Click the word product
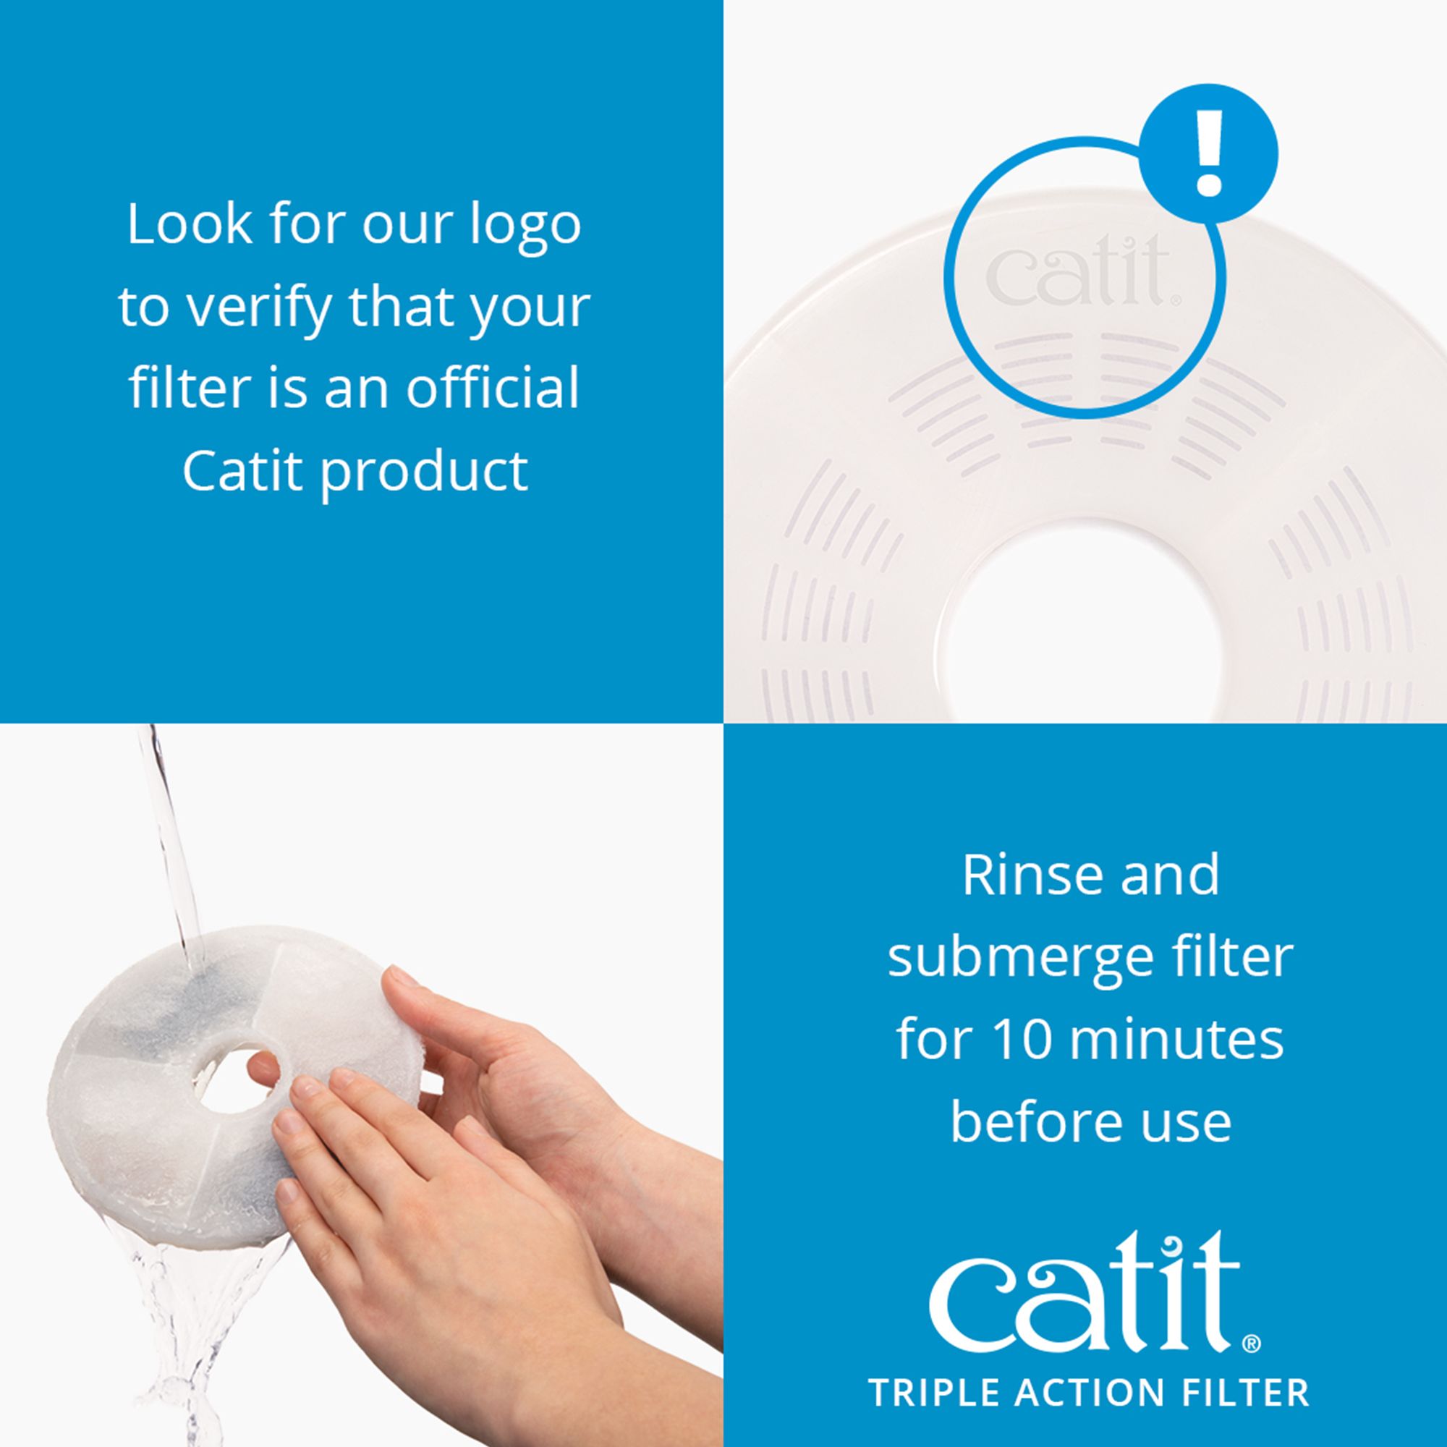pos(425,473)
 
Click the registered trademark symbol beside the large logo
pos(1252,1344)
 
